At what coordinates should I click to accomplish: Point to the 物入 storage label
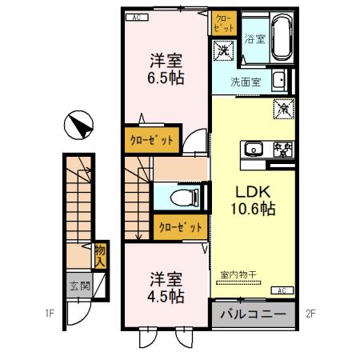[101, 255]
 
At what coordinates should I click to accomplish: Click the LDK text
[254, 193]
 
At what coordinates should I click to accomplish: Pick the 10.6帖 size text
[254, 211]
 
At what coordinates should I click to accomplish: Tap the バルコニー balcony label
[252, 314]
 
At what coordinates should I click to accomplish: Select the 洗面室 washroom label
[245, 82]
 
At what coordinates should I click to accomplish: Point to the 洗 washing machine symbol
[223, 50]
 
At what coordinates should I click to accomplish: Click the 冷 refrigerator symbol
[282, 106]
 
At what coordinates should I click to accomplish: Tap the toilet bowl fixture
[181, 196]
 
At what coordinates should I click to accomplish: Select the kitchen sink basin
[253, 149]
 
